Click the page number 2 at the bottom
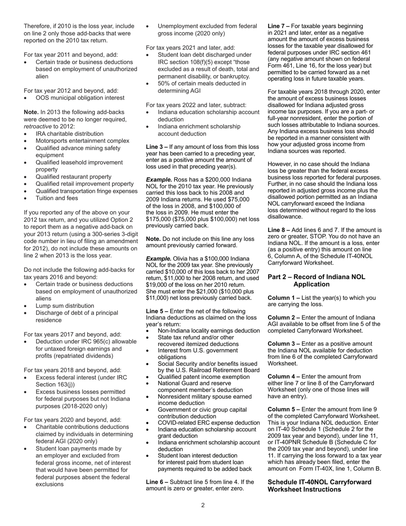click(203, 505)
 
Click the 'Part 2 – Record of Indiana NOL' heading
click(316, 277)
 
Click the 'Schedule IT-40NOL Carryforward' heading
click(319, 482)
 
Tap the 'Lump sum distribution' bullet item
click(65, 306)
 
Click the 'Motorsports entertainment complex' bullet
click(82, 141)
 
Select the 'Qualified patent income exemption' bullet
click(203, 377)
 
